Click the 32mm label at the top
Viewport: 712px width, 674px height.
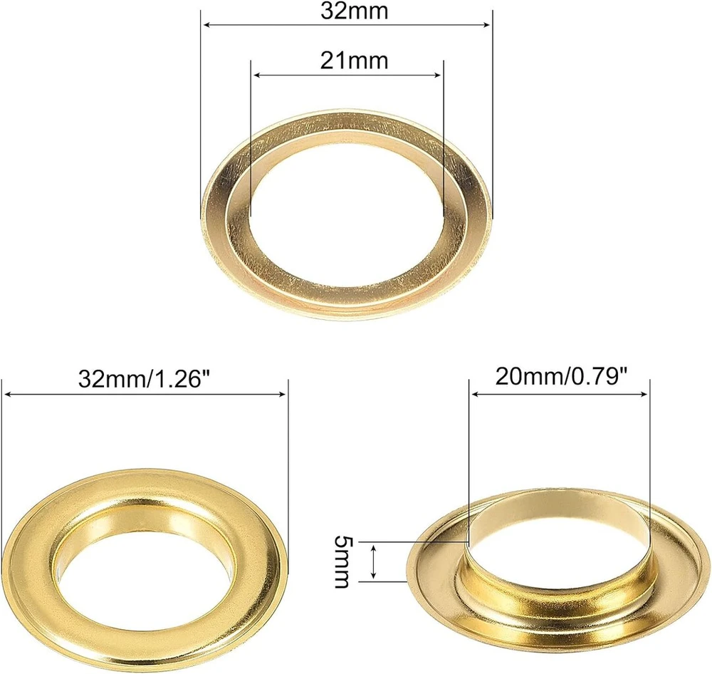355,11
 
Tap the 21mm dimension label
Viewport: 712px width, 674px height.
354,61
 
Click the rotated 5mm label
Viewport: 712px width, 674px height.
342,561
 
